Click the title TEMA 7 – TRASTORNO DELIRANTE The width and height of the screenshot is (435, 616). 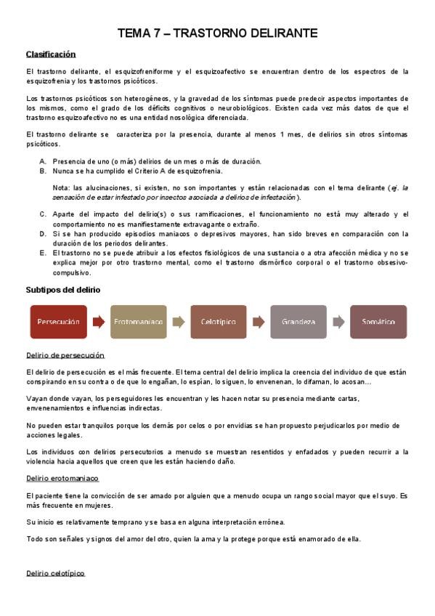point(217,33)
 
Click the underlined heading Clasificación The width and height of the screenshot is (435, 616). point(51,54)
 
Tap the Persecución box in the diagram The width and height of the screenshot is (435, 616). point(58,321)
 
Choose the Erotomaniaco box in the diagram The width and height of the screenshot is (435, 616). point(138,321)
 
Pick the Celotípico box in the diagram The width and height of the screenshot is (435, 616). point(218,321)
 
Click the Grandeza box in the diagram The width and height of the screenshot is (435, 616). point(298,321)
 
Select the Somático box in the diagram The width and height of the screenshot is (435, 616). point(378,321)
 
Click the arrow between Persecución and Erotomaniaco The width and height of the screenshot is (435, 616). point(98,321)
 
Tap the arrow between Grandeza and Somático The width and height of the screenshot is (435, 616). point(338,321)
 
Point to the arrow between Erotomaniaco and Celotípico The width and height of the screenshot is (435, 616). point(178,321)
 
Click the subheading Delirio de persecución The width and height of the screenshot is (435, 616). point(65,355)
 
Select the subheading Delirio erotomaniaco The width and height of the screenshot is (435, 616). point(62,479)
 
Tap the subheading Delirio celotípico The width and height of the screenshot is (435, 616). point(55,573)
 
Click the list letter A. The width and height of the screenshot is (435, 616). point(42,161)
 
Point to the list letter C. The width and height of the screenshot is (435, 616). point(42,214)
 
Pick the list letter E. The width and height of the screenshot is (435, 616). point(42,252)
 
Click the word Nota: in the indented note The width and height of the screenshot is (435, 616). point(61,188)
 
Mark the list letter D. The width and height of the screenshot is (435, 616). point(42,233)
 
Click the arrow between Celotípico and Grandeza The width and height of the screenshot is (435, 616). point(258,321)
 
